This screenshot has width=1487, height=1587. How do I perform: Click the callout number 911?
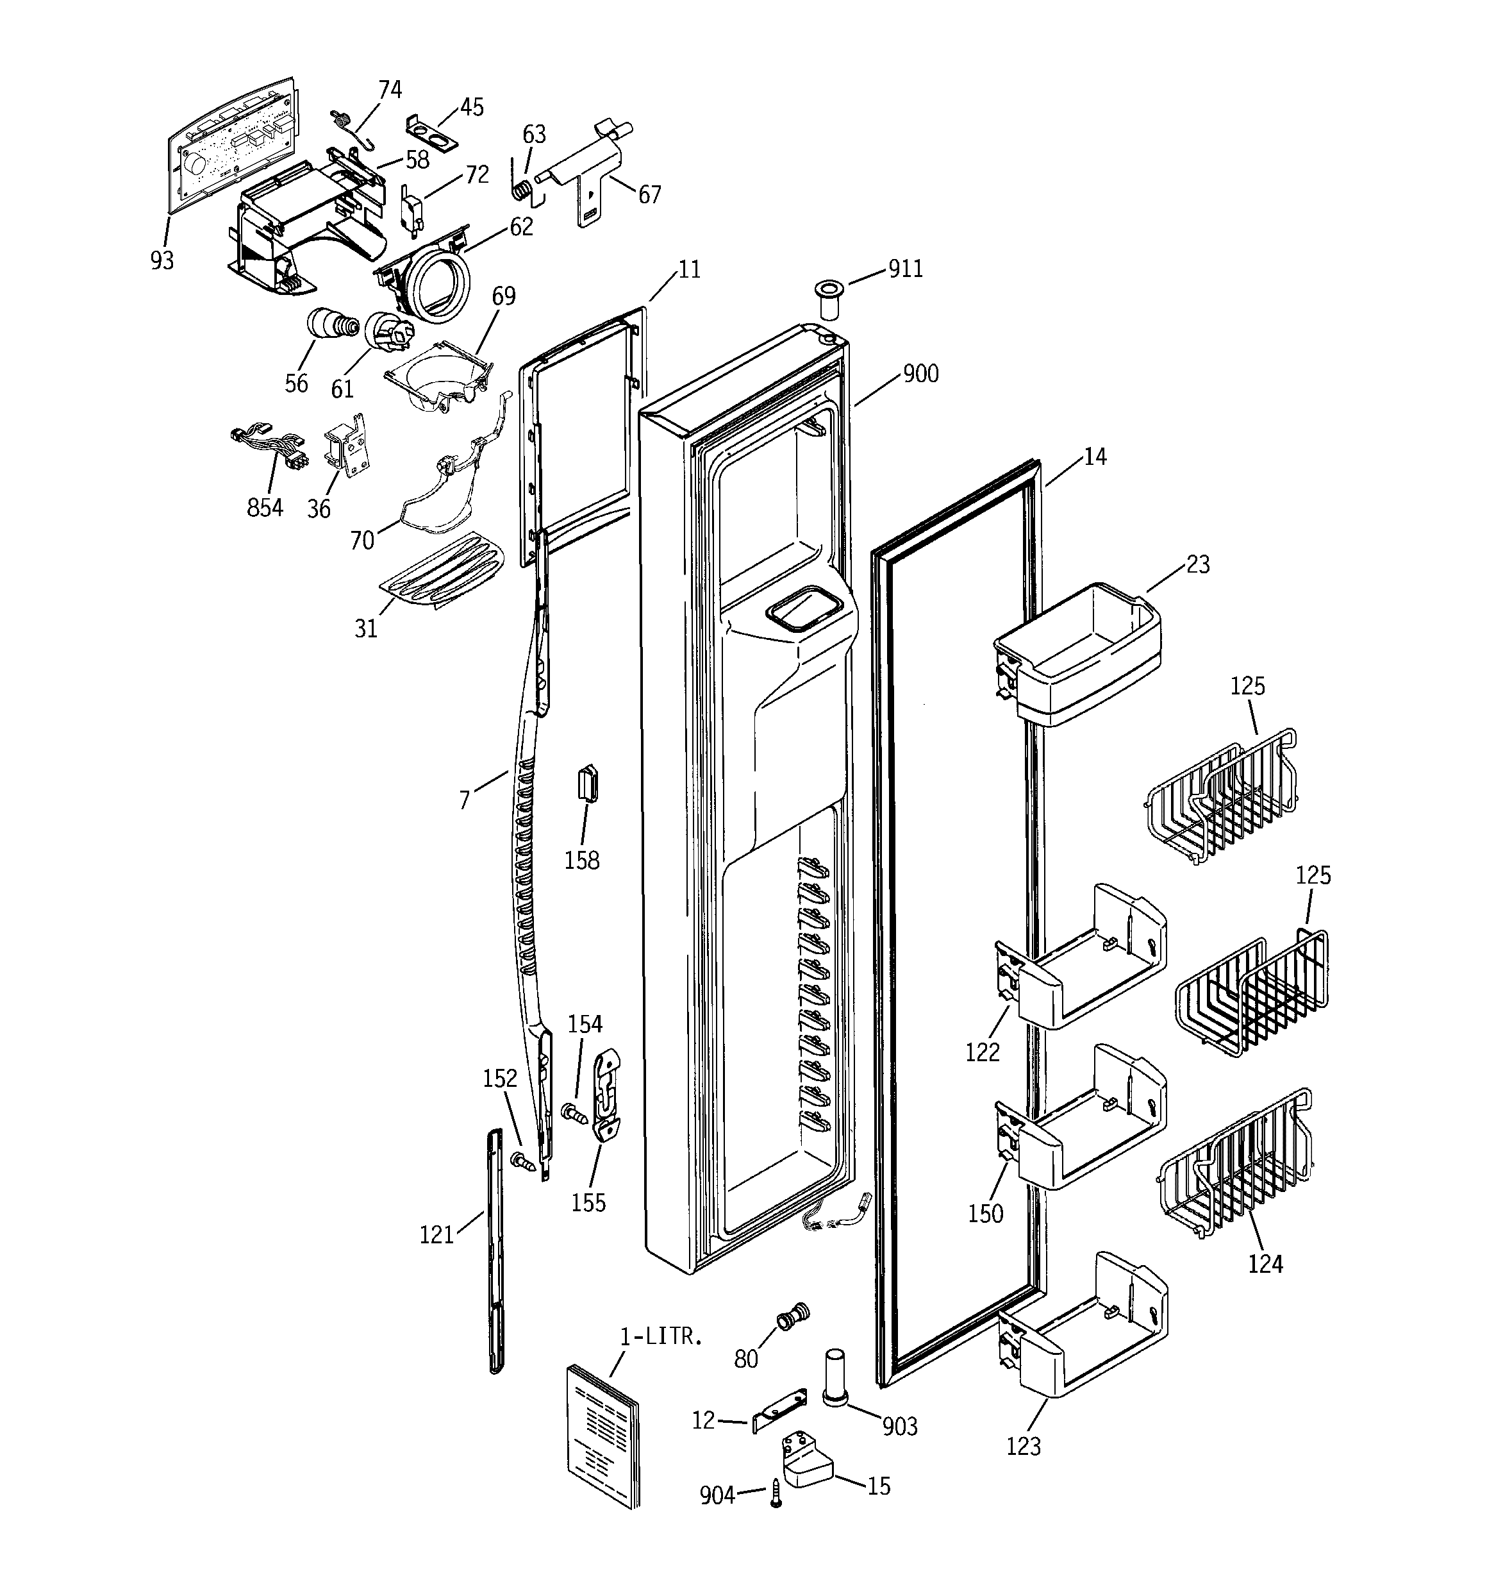pyautogui.click(x=906, y=269)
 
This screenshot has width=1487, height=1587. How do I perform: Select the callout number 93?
pyautogui.click(x=162, y=260)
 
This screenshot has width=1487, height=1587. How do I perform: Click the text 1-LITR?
pyautogui.click(x=661, y=1337)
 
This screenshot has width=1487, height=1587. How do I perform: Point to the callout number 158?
pyautogui.click(x=582, y=860)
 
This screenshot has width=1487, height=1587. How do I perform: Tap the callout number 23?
pyautogui.click(x=1197, y=564)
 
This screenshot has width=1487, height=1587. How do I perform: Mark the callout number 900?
pyautogui.click(x=920, y=374)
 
